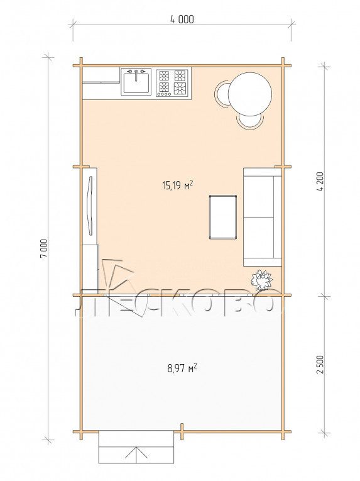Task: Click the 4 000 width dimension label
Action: click(x=182, y=19)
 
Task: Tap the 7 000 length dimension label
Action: click(x=44, y=248)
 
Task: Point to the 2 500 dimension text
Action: click(x=320, y=364)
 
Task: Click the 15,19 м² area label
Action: click(x=178, y=185)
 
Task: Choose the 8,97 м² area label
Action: click(x=182, y=367)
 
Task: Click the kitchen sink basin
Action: click(x=136, y=82)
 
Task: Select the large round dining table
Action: click(x=250, y=94)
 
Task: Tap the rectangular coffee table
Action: click(x=223, y=216)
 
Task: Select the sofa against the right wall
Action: click(x=263, y=217)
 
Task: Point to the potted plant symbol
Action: click(x=261, y=280)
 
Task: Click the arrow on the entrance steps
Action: click(x=136, y=453)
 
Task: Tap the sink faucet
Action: click(x=136, y=75)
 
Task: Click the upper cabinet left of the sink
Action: click(x=101, y=75)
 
